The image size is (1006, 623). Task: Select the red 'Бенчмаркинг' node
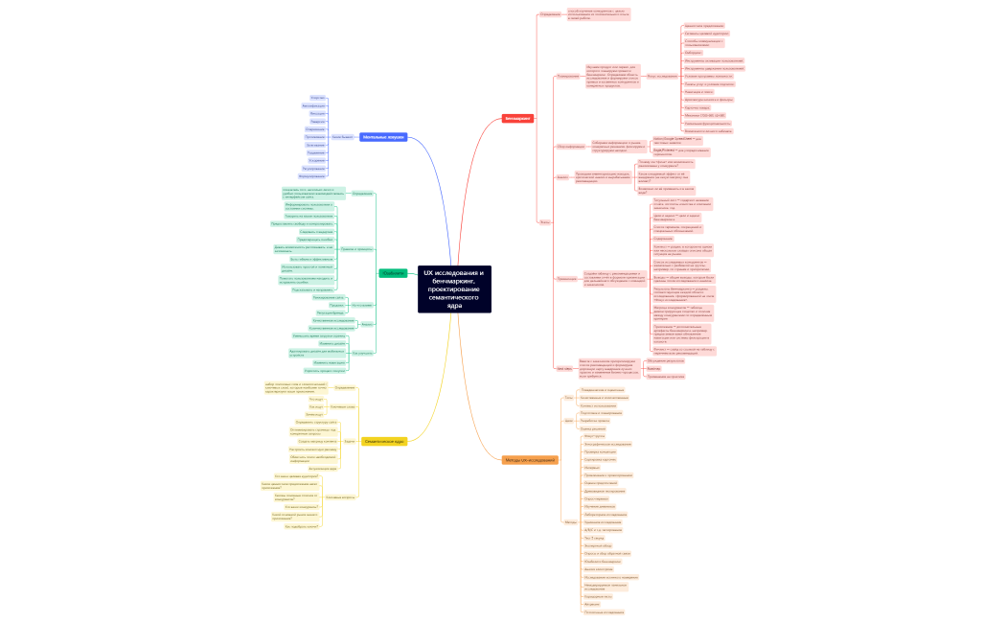[x=518, y=119]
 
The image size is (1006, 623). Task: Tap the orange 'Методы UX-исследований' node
[x=530, y=460]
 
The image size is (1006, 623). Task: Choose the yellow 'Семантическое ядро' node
[x=385, y=441]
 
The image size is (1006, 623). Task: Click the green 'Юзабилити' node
[x=393, y=273]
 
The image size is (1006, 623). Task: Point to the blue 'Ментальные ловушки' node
[x=383, y=137]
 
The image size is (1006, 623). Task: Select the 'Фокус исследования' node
[x=662, y=76]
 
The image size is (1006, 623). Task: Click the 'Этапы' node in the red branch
[x=545, y=221]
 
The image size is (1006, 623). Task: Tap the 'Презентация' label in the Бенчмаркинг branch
[x=566, y=279]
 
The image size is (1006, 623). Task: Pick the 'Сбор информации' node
[x=570, y=147]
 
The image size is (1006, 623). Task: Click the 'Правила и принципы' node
[x=357, y=248]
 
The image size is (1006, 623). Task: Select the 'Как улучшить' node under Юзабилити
[x=362, y=353]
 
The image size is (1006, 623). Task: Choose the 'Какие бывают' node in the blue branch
[x=342, y=137]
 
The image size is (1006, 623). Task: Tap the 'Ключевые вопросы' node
[x=341, y=497]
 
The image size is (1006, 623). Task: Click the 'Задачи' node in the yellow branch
[x=350, y=441]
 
